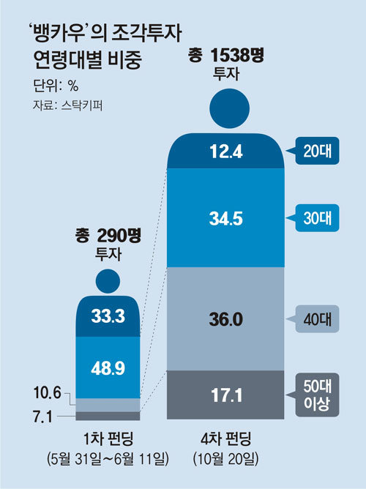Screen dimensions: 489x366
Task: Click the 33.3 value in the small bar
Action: (x=108, y=316)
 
